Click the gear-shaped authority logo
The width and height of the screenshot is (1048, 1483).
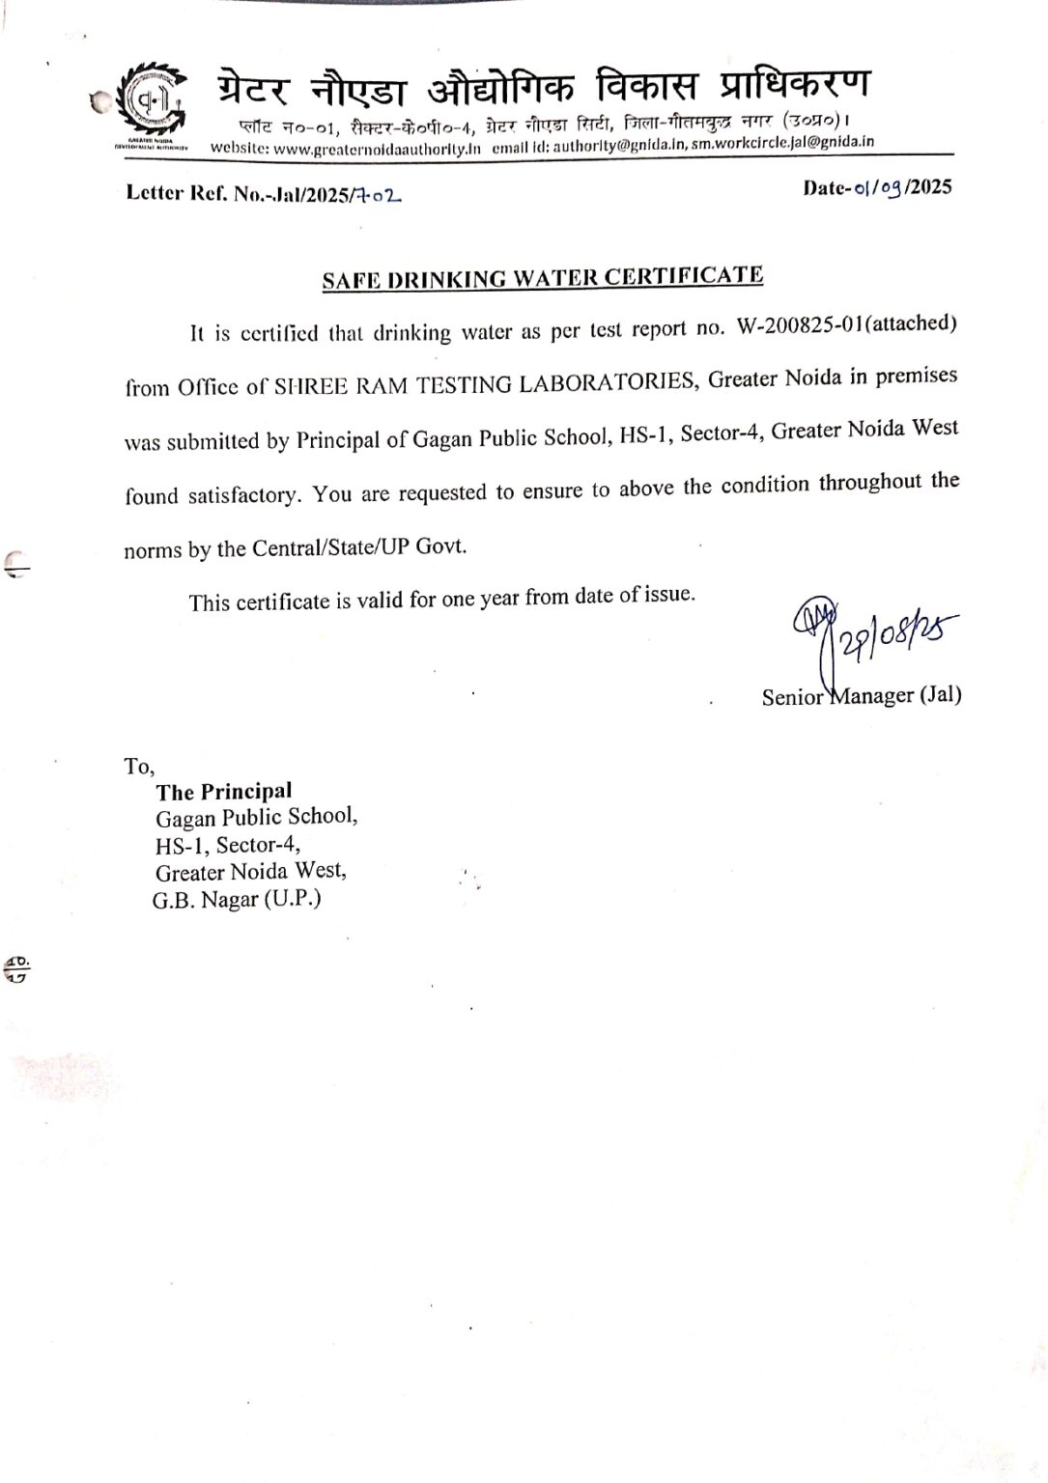151,100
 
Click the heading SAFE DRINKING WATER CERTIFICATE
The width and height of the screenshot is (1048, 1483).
542,278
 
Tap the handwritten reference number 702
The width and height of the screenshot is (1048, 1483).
379,195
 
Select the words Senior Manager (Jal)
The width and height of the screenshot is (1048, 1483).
861,696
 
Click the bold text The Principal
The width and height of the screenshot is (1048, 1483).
224,792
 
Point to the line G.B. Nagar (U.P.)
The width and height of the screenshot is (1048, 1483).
237,900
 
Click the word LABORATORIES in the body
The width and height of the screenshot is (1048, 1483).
607,382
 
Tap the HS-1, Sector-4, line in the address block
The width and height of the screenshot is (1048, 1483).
227,845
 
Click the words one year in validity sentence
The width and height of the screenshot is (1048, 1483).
480,599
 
